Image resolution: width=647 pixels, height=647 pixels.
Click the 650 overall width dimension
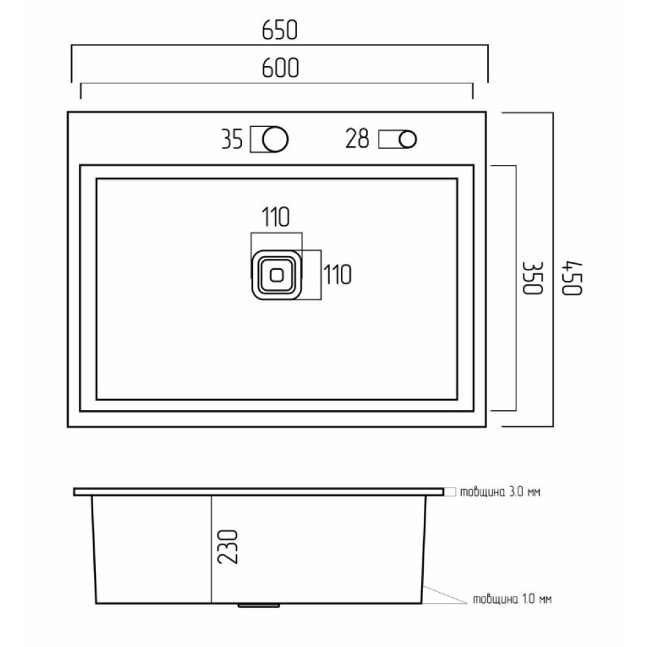[280, 30]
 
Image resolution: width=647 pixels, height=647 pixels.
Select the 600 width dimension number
[280, 68]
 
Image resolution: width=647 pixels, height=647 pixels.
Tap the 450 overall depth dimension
[573, 278]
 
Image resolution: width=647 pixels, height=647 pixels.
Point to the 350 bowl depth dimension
[532, 278]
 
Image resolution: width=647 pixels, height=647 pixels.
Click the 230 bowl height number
[228, 547]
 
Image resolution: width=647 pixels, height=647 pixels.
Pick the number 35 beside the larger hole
[232, 139]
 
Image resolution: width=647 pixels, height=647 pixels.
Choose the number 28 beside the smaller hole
[357, 138]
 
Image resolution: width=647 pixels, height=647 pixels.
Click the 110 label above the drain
[276, 217]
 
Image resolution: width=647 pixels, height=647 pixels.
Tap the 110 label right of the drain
[338, 275]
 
